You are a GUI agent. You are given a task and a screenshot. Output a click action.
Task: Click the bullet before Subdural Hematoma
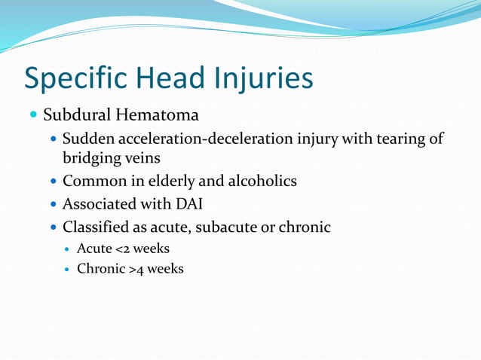click(32, 115)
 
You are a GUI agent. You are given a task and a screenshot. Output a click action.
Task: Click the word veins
click(143, 157)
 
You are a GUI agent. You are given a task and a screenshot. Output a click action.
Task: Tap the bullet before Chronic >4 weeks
click(67, 269)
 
